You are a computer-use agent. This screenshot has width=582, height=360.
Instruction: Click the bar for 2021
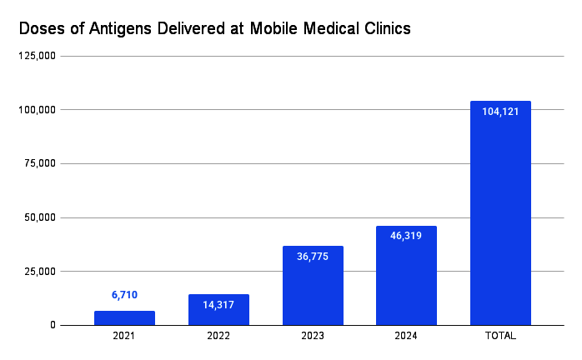(124, 317)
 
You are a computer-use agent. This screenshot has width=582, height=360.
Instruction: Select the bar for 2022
(218, 310)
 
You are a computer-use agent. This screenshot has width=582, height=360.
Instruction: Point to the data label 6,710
(124, 295)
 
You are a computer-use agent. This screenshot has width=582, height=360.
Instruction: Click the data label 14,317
(218, 305)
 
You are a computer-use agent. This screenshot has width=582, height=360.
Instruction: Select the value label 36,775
(313, 257)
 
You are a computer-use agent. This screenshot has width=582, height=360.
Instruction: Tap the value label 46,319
(406, 236)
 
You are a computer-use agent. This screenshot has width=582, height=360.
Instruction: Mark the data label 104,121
(500, 112)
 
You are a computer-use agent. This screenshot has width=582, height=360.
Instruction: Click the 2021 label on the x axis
(124, 336)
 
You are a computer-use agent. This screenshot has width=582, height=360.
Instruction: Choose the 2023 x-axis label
(313, 336)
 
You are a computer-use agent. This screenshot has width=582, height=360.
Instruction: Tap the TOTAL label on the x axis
(500, 336)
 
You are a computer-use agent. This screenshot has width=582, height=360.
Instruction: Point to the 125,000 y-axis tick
(36, 56)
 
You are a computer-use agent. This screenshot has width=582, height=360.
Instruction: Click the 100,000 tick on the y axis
(36, 110)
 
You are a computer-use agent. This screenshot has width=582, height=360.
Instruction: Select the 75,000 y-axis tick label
(38, 163)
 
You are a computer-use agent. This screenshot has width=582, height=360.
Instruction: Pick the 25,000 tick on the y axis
(38, 272)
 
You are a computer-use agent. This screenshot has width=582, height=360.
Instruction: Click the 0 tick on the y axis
(52, 325)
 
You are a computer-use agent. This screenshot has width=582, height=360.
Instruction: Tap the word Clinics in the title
(382, 28)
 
